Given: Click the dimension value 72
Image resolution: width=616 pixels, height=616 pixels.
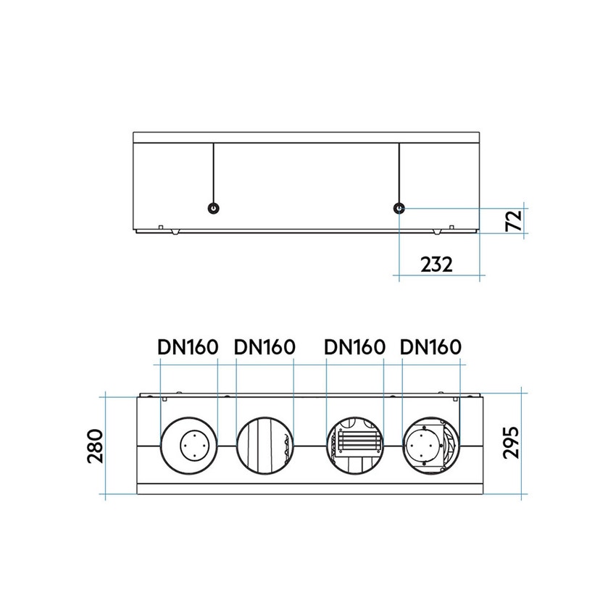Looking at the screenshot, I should pos(513,220).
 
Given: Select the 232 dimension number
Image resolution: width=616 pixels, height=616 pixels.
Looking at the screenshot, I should pos(436,264).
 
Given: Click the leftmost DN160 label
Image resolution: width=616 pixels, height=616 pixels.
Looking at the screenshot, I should pos(188,347).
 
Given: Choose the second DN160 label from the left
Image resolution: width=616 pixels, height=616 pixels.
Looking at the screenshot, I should pos(265,347).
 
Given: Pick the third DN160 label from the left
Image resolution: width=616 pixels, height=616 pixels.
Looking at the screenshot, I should pos(354,347).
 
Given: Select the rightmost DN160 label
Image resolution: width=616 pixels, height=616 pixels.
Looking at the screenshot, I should pos(430,347).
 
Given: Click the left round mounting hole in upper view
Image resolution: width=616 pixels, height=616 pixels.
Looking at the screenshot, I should pos(213,208).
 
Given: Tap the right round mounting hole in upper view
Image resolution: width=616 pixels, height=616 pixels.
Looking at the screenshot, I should pos(399,208).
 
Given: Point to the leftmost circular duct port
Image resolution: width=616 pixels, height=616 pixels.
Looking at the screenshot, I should pos(188,445).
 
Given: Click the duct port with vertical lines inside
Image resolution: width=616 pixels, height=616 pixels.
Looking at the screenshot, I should pos(265,445).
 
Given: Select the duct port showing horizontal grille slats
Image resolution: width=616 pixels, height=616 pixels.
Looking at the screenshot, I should pos(354,445).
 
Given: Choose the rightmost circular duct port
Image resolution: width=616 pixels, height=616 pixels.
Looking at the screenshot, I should pos(430,445).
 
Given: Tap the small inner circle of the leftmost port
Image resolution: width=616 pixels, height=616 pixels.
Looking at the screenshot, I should pos(194,444).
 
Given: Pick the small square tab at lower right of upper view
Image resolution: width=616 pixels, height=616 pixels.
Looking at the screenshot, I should pos(452,228).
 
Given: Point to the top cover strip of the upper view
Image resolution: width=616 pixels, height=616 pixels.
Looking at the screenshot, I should pos(307,137).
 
